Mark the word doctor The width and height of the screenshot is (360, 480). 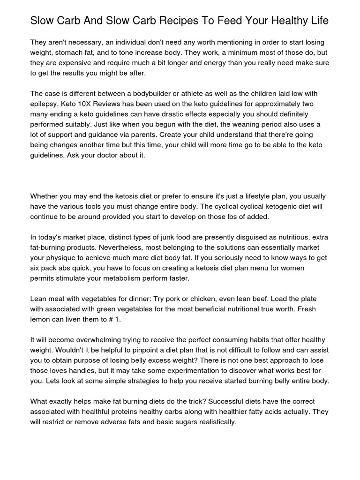pyautogui.click(x=114, y=155)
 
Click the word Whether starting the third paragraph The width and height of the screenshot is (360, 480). pyautogui.click(x=46, y=196)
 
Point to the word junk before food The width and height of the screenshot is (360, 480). pyautogui.click(x=173, y=238)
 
